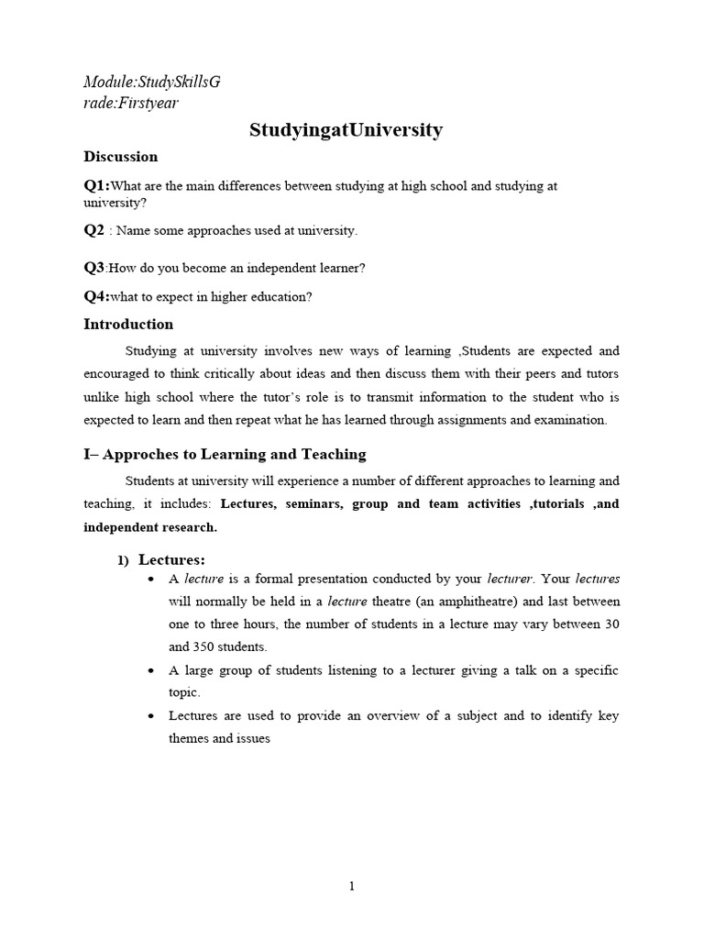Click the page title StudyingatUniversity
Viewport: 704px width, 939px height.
pos(346,130)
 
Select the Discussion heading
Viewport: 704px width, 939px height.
pos(120,157)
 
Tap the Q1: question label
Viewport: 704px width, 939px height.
pos(96,186)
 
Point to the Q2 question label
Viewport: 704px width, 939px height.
pos(93,230)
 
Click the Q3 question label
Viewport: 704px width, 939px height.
pos(94,268)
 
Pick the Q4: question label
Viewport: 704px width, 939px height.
pos(96,296)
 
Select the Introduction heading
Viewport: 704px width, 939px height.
pos(127,325)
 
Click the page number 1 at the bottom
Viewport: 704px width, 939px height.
pos(351,886)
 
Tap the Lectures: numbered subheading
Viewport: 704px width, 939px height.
pos(171,560)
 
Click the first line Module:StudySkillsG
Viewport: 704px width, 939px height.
pos(152,83)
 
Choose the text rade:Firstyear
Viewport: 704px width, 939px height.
pos(130,103)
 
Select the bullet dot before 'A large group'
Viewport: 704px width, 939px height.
pos(150,671)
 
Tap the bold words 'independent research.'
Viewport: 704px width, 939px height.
pos(150,527)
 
